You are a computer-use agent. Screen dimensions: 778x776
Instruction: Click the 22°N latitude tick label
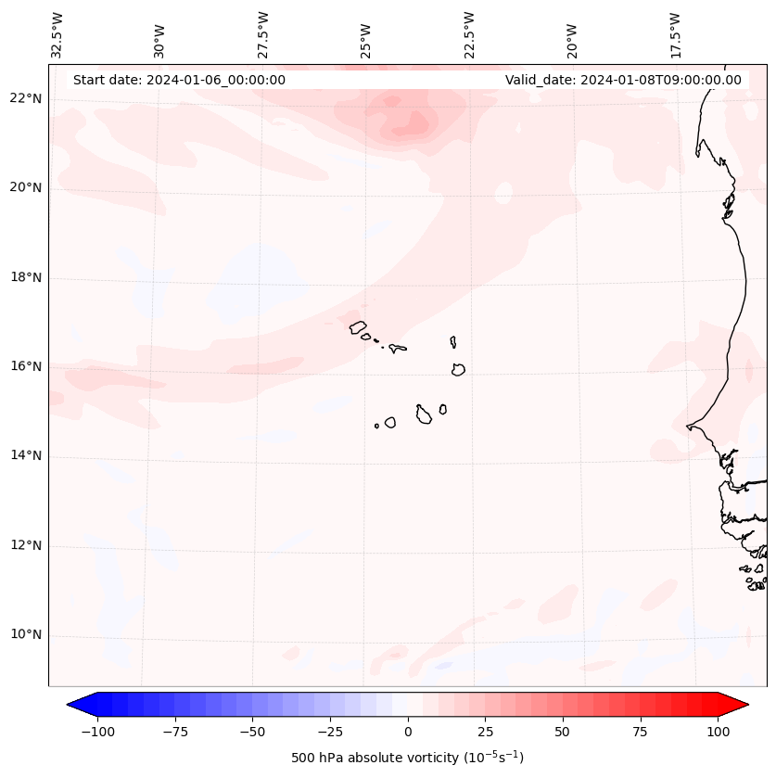(x=26, y=98)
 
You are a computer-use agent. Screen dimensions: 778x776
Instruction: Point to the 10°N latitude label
(x=26, y=635)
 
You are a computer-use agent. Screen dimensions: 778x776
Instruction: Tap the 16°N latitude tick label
(x=26, y=366)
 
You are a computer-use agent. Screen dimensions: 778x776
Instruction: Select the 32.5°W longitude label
(x=57, y=34)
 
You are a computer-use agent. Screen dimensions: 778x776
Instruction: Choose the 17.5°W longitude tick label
(x=675, y=34)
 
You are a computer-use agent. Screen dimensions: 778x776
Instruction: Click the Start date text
(x=179, y=80)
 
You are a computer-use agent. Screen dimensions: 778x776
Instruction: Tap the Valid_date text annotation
(x=623, y=80)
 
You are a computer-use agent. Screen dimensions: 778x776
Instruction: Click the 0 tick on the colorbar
(x=407, y=732)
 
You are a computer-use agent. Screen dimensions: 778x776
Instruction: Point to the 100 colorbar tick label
(x=718, y=732)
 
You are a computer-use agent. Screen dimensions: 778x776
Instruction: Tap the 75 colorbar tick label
(x=641, y=732)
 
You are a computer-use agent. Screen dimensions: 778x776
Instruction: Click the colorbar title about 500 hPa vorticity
(x=407, y=758)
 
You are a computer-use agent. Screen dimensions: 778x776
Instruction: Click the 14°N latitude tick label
(x=26, y=455)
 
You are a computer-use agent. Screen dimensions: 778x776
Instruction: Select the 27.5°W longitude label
(x=263, y=34)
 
